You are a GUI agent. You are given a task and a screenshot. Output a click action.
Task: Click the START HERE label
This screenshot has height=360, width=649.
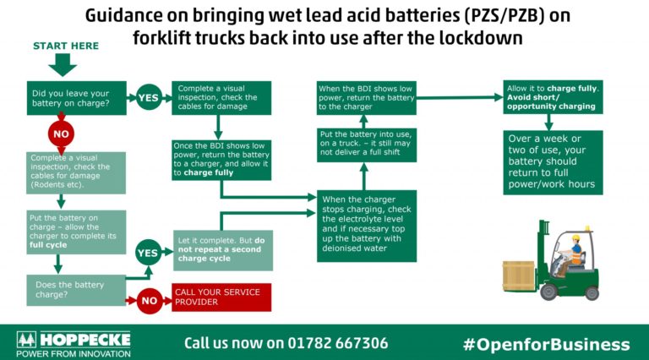(x=66, y=46)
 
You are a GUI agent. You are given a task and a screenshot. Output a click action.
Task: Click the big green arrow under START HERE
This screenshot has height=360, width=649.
(x=63, y=65)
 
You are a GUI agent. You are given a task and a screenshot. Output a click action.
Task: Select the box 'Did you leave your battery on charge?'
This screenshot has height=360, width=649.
(x=77, y=98)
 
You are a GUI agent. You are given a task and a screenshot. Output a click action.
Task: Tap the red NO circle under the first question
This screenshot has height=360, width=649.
(x=61, y=134)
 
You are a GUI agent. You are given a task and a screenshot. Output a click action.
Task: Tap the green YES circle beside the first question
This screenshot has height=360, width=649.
(x=149, y=98)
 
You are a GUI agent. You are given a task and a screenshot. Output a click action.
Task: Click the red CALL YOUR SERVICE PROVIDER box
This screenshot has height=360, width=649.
(x=221, y=297)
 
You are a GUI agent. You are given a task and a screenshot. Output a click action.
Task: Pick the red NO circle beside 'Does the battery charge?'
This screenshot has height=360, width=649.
(x=150, y=301)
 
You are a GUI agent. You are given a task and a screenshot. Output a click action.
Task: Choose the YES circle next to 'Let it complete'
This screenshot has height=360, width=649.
(x=148, y=253)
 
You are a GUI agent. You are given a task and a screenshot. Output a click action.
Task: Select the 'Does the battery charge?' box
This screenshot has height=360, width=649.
(x=76, y=290)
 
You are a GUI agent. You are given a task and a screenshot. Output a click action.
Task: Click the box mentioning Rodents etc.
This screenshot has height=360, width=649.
(x=76, y=173)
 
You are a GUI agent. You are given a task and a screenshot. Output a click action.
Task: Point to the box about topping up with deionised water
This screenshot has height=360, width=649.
(x=367, y=226)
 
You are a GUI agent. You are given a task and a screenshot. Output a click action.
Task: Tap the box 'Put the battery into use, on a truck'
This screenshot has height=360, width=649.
(x=367, y=145)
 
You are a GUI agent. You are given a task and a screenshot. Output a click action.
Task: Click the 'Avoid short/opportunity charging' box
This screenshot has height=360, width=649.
(x=553, y=97)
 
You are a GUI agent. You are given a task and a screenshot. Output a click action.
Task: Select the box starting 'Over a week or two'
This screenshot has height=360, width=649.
(x=553, y=162)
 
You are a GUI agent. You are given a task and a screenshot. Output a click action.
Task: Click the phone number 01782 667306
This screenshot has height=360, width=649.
(x=338, y=343)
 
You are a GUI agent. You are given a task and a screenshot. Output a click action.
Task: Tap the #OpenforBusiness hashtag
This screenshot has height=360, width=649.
(x=547, y=344)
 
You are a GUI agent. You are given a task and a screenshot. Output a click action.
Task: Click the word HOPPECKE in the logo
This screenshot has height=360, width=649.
(x=85, y=340)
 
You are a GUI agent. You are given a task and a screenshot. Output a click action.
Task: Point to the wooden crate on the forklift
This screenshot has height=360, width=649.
(x=519, y=276)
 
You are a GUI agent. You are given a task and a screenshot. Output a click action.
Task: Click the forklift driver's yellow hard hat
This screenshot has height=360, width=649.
(x=575, y=238)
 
